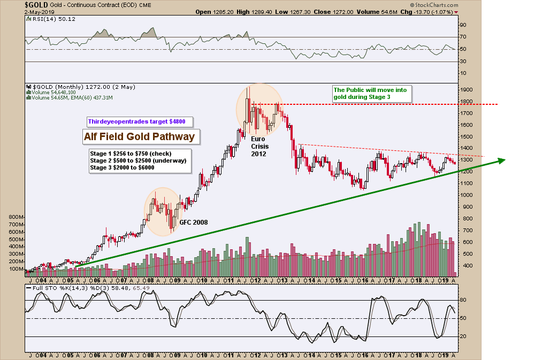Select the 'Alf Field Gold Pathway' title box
139,137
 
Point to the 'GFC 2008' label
193,222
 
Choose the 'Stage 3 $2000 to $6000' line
122,167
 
